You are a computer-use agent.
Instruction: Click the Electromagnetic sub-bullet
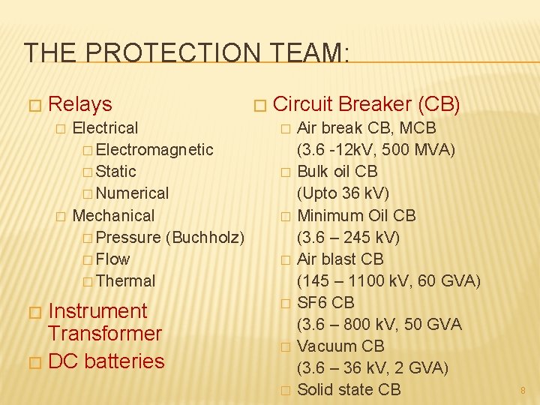pos(154,149)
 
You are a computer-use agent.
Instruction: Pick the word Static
pos(116,171)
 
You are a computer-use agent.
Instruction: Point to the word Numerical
pos(133,193)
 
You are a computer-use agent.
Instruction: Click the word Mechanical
pos(113,215)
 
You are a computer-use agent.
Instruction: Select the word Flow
pos(113,259)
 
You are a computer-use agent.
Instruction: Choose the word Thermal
pos(126,280)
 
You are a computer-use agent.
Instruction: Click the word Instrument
pos(97,310)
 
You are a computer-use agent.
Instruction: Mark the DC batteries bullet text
pos(106,361)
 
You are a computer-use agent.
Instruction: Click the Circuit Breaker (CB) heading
pos(367,104)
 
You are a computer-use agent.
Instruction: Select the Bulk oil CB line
pos(337,171)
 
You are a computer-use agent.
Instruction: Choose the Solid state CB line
pos(349,389)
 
